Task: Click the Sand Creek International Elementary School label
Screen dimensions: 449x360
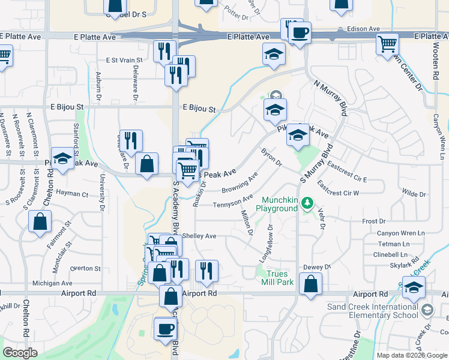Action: click(x=381, y=310)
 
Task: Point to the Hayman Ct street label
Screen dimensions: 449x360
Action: click(x=72, y=194)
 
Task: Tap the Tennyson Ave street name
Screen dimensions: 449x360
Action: click(x=233, y=202)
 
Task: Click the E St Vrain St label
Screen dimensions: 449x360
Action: click(x=124, y=60)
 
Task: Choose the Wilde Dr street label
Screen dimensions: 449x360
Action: click(x=414, y=194)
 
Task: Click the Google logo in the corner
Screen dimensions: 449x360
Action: click(x=20, y=352)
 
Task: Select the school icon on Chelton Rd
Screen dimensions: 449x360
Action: click(x=62, y=158)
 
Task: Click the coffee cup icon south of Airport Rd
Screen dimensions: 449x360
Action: click(x=165, y=328)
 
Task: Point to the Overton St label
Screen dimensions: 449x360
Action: click(x=84, y=268)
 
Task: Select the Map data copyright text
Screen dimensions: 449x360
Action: click(x=411, y=355)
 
